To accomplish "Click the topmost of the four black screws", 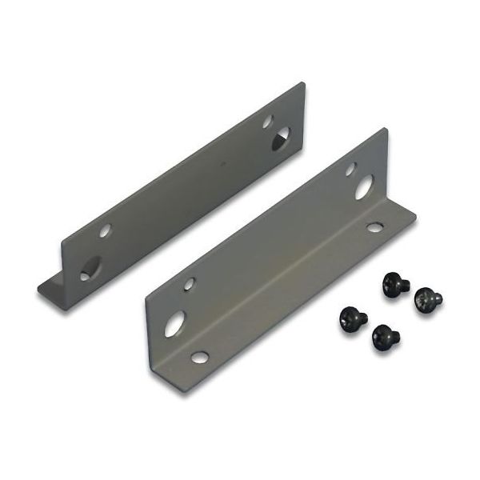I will (393, 281).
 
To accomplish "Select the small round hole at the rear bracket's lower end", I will (105, 230).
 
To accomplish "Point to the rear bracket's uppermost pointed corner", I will (303, 82).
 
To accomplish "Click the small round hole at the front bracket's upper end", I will (350, 169).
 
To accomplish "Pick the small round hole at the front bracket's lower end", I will (189, 283).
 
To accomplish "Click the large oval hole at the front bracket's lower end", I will (175, 322).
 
